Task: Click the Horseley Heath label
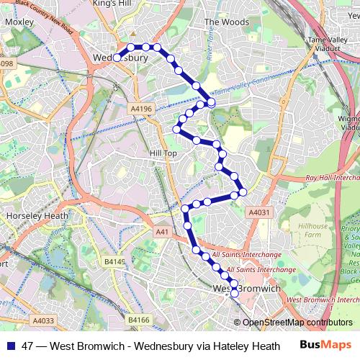pos(37,215)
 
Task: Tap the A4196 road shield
pos(142,108)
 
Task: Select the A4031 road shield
pos(259,212)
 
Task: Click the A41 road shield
pos(161,232)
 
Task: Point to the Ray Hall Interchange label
pos(332,177)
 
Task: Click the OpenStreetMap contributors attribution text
pos(297,323)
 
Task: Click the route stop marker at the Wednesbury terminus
pos(117,58)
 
